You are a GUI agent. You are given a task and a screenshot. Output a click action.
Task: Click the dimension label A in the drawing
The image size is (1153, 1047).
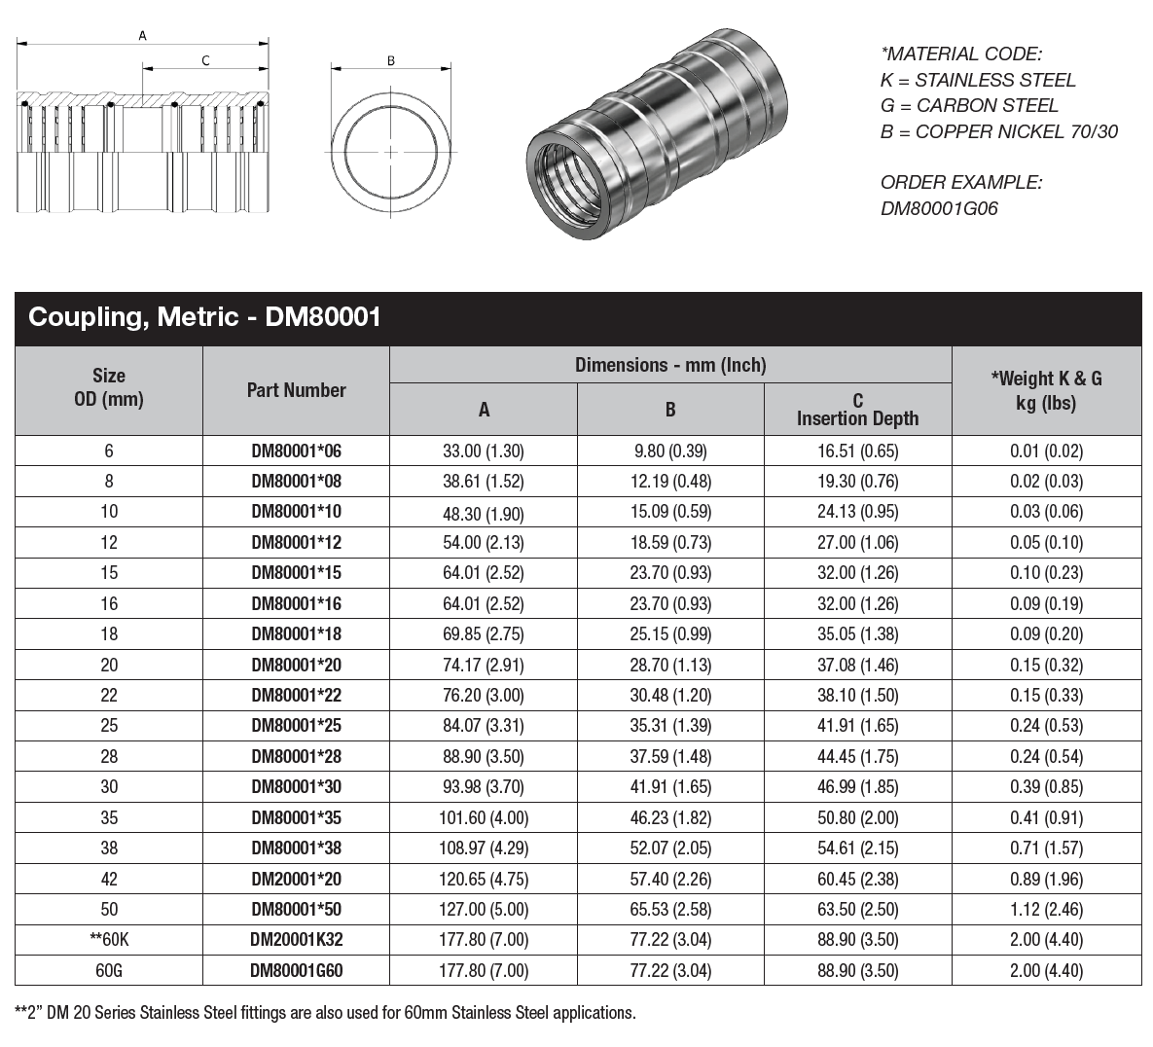[x=142, y=36]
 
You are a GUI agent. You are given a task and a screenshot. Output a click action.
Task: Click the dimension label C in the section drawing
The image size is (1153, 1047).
[x=205, y=61]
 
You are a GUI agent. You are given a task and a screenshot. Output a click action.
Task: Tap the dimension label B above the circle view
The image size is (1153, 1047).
[x=391, y=61]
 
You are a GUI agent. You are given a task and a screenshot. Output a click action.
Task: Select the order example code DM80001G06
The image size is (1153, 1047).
[x=939, y=208]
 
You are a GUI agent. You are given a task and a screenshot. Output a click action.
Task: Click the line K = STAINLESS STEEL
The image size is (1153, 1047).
[x=978, y=80]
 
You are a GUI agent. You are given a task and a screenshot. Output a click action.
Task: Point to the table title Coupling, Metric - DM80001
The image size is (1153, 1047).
[x=204, y=317]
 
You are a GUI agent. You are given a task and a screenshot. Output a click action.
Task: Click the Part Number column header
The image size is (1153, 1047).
[x=296, y=390]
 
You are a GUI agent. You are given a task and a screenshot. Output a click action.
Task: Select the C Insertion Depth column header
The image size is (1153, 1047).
[x=857, y=410]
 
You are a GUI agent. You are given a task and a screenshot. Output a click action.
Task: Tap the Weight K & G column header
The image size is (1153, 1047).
[x=1046, y=390]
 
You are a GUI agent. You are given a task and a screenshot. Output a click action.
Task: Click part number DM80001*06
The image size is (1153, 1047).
[x=296, y=451]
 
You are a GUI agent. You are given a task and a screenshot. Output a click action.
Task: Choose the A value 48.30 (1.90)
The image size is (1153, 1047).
[x=483, y=512]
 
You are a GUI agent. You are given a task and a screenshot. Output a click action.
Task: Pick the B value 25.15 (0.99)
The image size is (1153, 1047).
[x=670, y=634]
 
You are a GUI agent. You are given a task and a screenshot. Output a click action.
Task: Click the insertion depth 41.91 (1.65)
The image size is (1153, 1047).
[x=857, y=726]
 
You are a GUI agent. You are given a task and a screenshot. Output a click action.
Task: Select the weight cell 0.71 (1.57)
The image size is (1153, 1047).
[x=1046, y=848]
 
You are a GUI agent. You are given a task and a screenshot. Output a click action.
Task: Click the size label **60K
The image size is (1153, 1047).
[x=109, y=940]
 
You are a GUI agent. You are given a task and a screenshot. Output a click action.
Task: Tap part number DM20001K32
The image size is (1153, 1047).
[x=296, y=940]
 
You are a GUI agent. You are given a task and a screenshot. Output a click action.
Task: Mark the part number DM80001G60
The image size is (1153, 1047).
[x=296, y=970]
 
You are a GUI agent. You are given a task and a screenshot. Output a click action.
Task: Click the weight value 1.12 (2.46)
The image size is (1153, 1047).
[x=1046, y=909]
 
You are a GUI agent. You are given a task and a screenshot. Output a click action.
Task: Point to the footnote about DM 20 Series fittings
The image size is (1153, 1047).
[x=325, y=1013]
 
